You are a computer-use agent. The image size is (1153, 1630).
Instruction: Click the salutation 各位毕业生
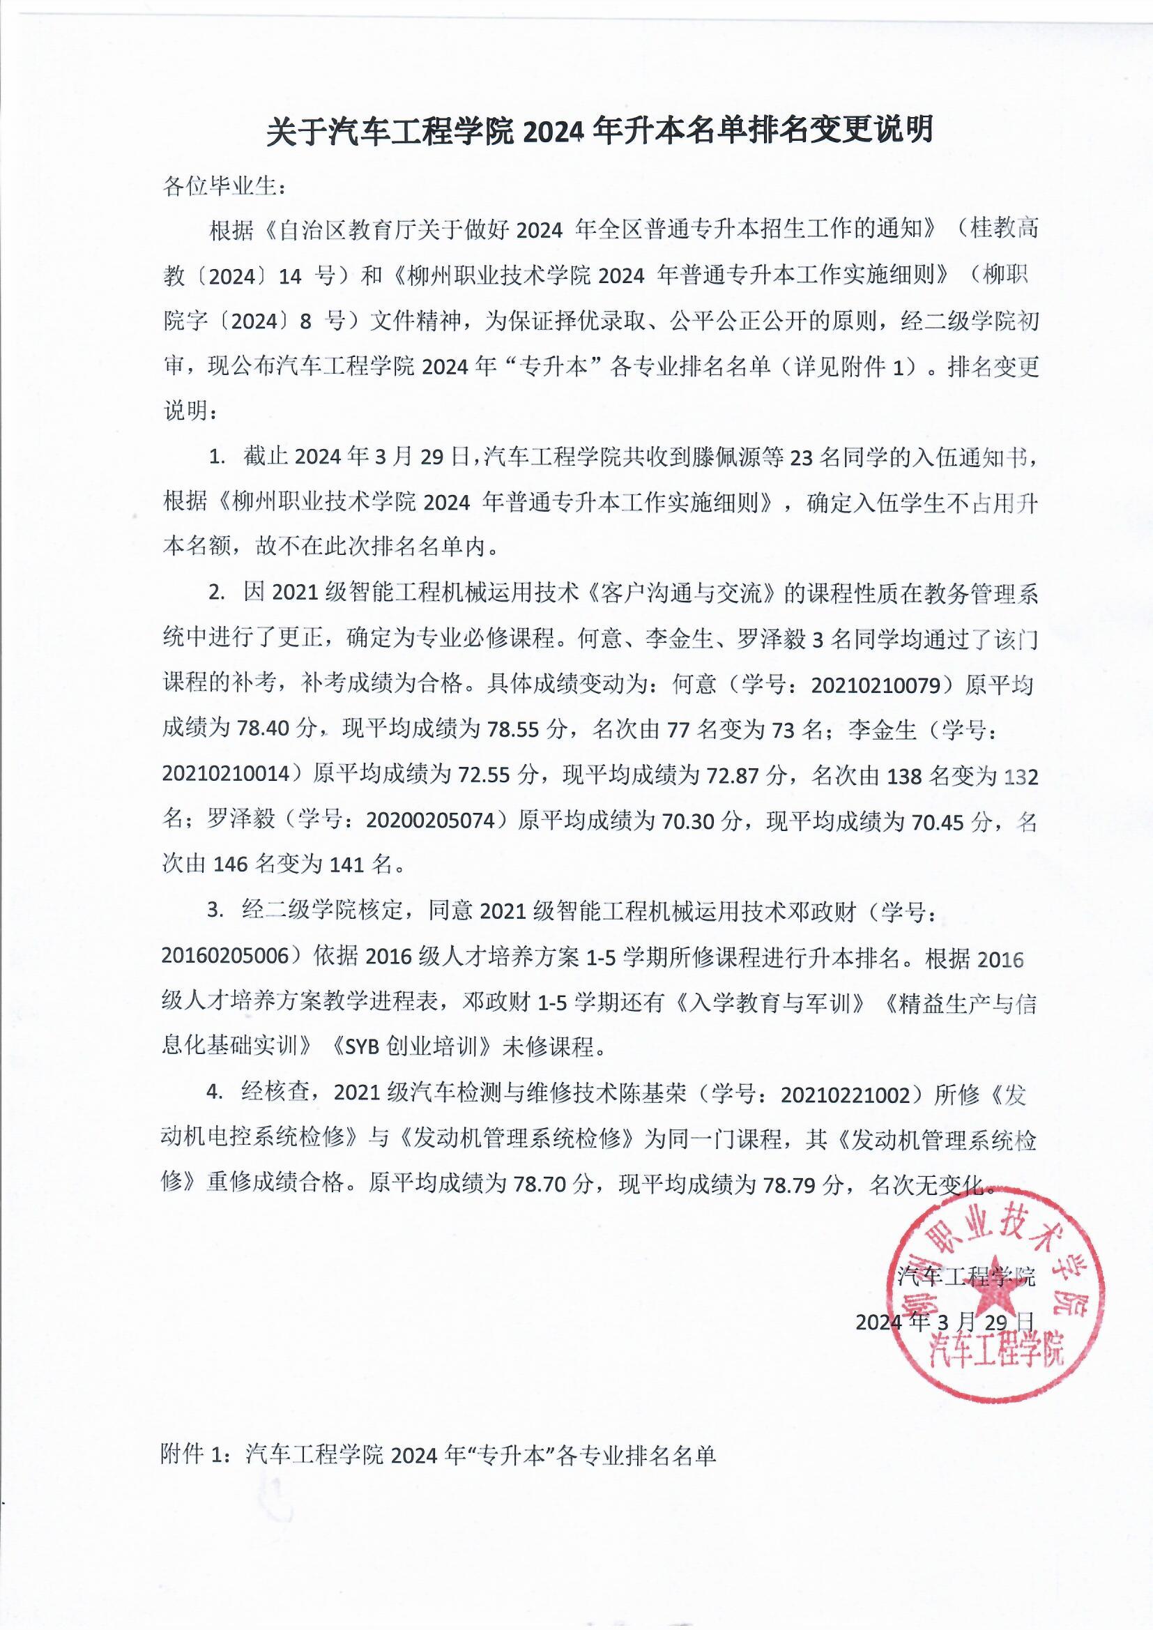coord(224,188)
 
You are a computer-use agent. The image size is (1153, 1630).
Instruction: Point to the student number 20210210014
coord(227,775)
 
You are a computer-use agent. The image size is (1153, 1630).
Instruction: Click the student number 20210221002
coord(845,1094)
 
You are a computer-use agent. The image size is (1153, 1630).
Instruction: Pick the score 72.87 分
coord(747,775)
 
